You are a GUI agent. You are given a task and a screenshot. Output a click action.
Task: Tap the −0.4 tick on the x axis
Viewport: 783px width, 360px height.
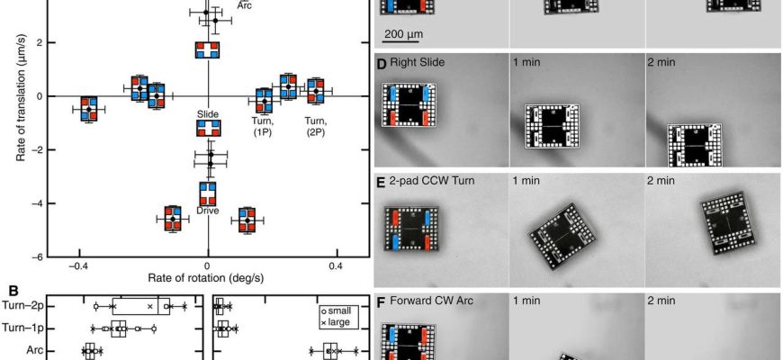tap(79, 266)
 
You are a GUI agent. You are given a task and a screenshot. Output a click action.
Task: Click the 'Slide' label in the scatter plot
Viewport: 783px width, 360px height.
tap(208, 115)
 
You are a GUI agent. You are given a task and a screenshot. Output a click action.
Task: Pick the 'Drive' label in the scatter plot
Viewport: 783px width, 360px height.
tap(208, 211)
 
